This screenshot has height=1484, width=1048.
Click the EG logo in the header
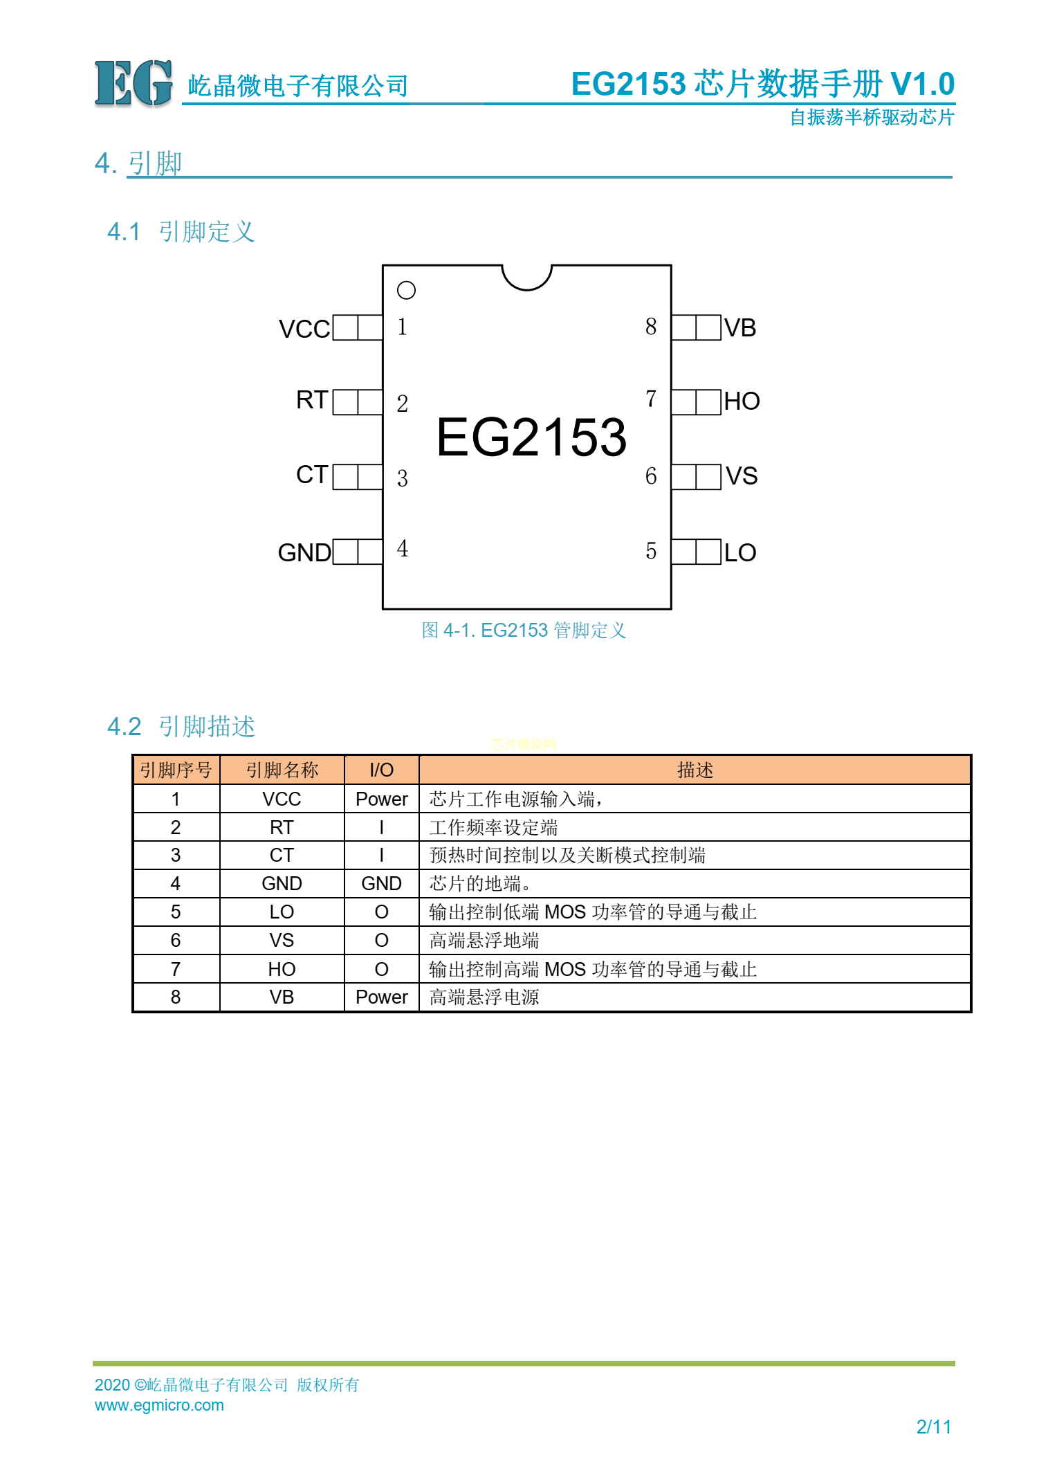click(134, 84)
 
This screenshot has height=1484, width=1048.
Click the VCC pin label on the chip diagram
click(304, 329)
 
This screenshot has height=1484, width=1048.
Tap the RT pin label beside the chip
click(311, 400)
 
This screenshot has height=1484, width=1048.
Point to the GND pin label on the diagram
click(304, 552)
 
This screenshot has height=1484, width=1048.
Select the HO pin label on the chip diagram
click(742, 401)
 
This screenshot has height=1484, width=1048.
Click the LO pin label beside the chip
click(740, 552)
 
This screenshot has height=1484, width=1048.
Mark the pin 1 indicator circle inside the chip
click(406, 290)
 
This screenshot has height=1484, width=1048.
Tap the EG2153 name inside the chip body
click(531, 437)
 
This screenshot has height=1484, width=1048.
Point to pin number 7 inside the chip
click(650, 399)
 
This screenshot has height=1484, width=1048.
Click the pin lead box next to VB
click(696, 327)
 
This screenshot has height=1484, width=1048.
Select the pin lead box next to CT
click(358, 477)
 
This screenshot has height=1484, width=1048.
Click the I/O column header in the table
click(381, 770)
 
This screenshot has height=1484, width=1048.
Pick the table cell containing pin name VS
click(282, 940)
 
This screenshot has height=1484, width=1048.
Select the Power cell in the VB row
click(381, 997)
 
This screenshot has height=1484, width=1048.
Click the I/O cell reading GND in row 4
click(381, 883)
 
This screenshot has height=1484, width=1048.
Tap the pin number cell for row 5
click(176, 912)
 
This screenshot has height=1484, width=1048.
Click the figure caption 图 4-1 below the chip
click(524, 630)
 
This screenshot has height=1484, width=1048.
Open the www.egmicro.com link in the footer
click(159, 1405)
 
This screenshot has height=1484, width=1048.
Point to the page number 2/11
click(933, 1427)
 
